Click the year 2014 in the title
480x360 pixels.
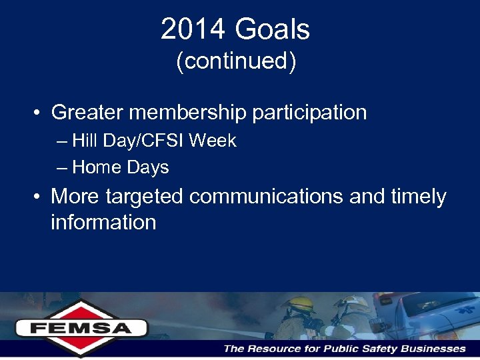click(191, 30)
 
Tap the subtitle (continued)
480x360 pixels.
click(235, 61)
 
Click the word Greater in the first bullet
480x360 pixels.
click(87, 113)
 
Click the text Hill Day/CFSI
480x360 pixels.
click(129, 141)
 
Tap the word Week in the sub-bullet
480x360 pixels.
click(213, 141)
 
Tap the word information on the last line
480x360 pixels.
click(103, 222)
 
